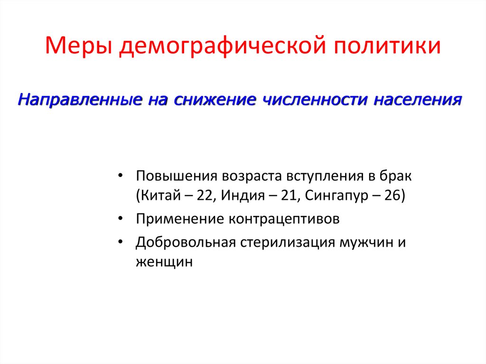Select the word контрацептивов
tap(285, 219)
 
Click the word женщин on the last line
tap(164, 262)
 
